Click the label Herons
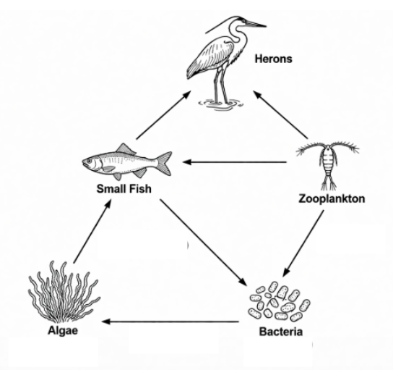(274, 59)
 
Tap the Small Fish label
(124, 189)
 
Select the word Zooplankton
(332, 198)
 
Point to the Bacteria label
(281, 332)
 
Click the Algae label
(63, 331)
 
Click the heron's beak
(256, 24)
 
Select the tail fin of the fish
(164, 163)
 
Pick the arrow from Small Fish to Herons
(163, 115)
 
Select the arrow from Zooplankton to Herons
(280, 114)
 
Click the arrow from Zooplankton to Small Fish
(235, 162)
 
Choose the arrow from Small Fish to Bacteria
(203, 243)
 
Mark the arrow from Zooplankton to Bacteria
(303, 244)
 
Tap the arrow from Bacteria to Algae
(170, 321)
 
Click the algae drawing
(63, 293)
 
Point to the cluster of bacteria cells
(280, 301)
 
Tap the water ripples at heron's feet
(220, 104)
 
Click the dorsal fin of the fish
(125, 148)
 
